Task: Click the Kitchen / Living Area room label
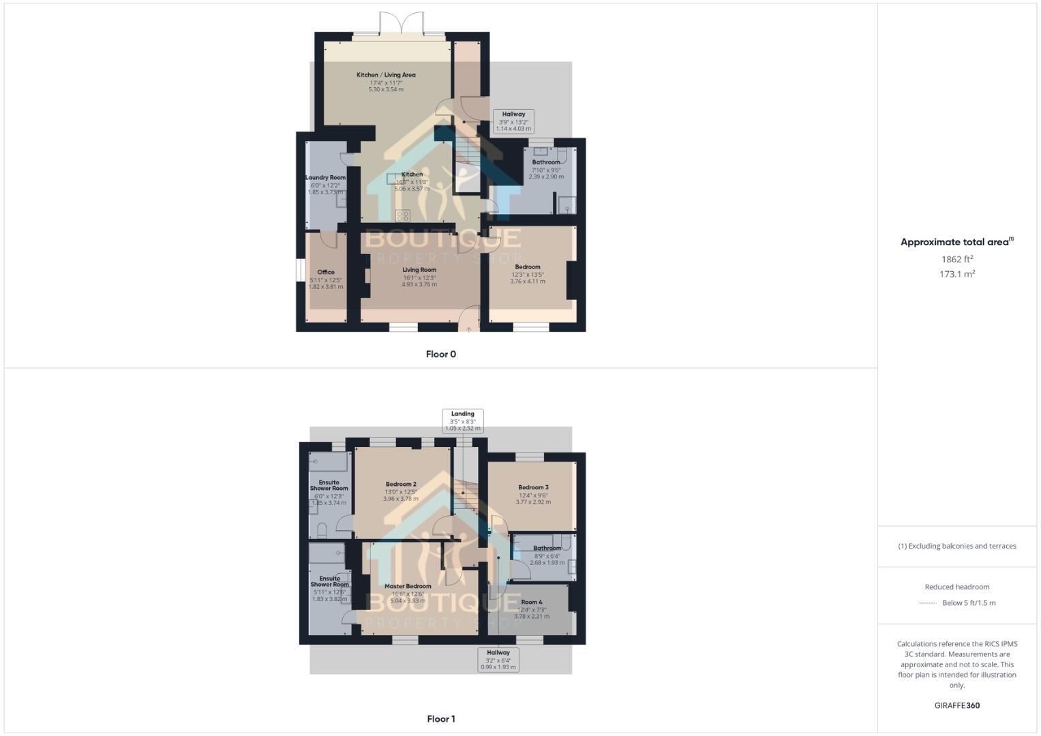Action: coord(386,75)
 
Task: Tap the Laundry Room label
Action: coord(325,178)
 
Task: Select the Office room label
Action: coord(326,272)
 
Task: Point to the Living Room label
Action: coord(419,270)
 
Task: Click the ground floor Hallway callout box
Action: coord(513,121)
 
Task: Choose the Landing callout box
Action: coord(463,421)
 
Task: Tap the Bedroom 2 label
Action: coord(400,485)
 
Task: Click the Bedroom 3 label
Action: coord(533,487)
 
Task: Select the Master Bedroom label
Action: coord(408,586)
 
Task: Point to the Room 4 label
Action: coord(532,602)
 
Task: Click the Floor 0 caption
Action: coord(441,354)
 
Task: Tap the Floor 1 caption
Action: coord(441,719)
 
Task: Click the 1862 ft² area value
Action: coord(957,259)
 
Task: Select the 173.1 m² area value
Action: coord(957,274)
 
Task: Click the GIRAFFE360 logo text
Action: coord(957,705)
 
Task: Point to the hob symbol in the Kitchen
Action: coord(403,216)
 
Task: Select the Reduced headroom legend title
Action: coord(957,587)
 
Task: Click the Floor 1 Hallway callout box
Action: coord(498,660)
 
